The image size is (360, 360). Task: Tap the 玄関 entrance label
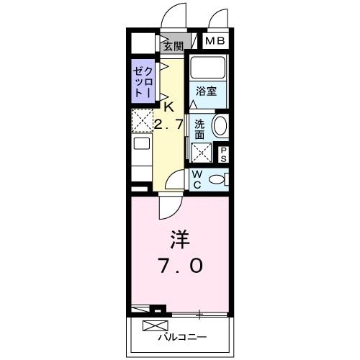173,46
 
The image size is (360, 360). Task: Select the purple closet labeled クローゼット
142,83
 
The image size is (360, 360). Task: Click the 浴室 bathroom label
207,91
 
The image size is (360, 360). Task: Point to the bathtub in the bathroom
207,69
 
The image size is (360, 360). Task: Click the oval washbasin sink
221,126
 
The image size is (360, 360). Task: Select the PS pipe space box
223,153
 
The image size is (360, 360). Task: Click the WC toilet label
196,179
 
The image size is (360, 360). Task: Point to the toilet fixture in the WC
218,179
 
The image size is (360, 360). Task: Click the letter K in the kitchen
168,107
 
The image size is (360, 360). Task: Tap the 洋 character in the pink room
179,238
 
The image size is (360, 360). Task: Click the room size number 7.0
180,266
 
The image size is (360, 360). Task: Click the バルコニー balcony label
183,336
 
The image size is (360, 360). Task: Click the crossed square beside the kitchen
141,120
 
